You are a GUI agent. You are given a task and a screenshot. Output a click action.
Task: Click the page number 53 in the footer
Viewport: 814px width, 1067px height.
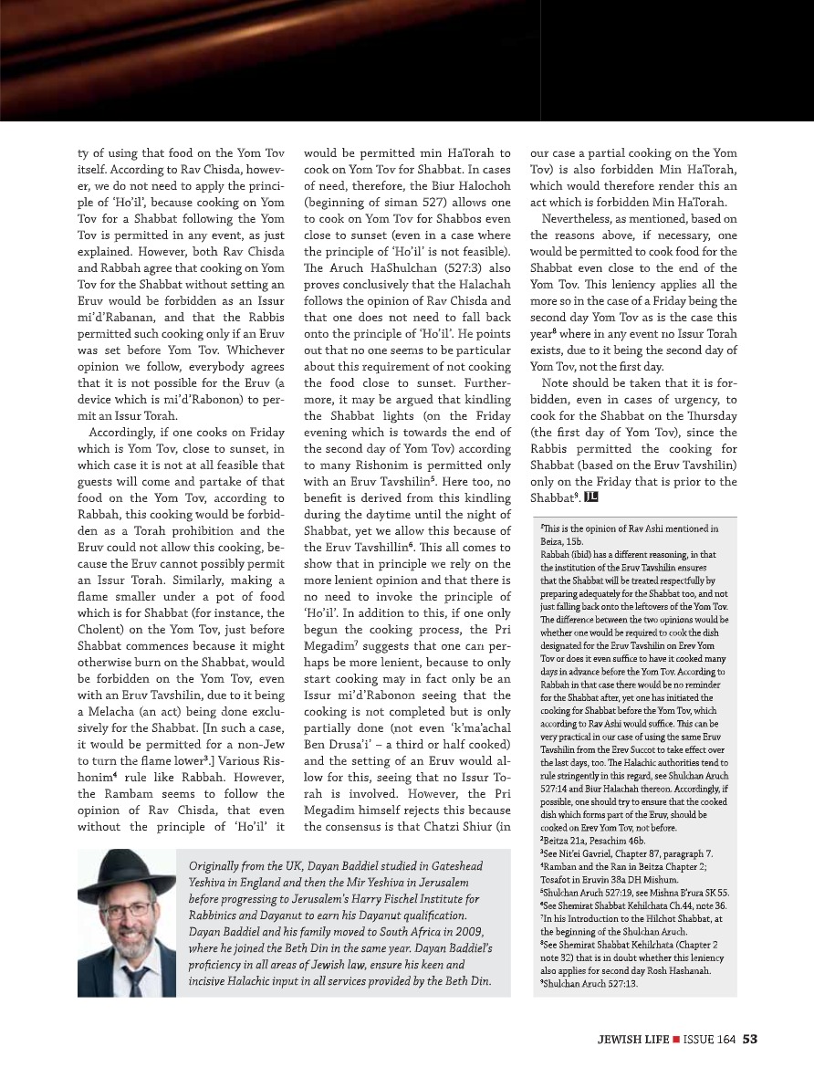pyautogui.click(x=750, y=1037)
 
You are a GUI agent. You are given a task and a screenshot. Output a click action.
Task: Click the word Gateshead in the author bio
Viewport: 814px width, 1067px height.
pyautogui.click(x=447, y=865)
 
